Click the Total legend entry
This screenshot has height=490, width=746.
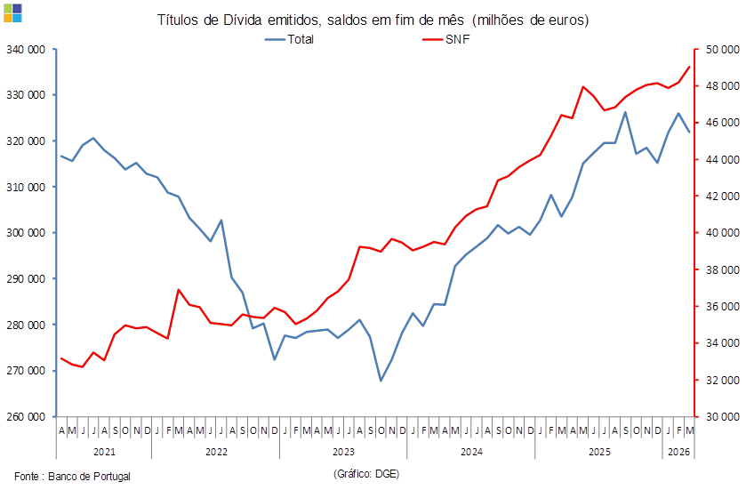[294, 39]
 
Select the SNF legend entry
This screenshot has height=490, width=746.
[456, 39]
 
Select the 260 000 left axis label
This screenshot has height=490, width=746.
[26, 415]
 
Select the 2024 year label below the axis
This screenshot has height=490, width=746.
[471, 452]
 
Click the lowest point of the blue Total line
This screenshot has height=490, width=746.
[381, 381]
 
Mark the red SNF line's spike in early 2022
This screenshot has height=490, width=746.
[179, 289]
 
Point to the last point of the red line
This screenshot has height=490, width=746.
[690, 67]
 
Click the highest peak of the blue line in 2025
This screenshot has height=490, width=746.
[626, 112]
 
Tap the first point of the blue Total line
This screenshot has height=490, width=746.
[60, 156]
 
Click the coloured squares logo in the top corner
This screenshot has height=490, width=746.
[12, 12]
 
